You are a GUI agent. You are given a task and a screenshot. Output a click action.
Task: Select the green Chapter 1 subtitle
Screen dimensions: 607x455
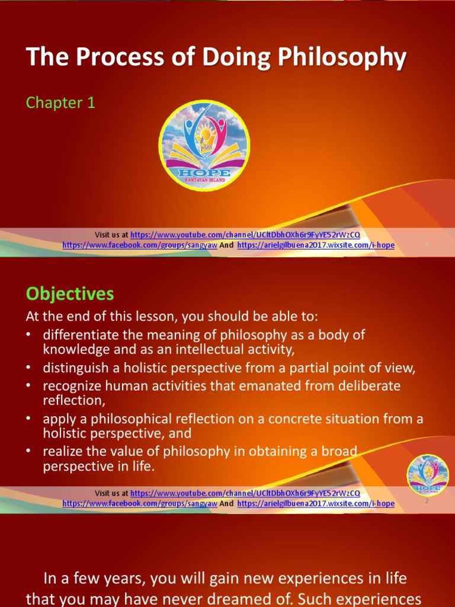coord(60,103)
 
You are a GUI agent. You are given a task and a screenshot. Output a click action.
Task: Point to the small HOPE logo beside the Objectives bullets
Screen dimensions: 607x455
coord(427,475)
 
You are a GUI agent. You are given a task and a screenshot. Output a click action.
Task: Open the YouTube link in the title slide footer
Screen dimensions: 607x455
coord(245,235)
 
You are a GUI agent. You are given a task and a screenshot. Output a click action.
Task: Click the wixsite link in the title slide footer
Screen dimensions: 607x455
coord(316,245)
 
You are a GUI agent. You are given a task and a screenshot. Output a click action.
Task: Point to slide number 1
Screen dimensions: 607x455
coord(427,244)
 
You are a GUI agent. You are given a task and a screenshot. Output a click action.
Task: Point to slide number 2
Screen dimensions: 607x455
coord(427,501)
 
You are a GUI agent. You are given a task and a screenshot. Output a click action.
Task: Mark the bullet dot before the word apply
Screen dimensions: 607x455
coord(28,419)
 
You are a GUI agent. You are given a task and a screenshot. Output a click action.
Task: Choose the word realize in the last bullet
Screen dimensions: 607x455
coord(62,451)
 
